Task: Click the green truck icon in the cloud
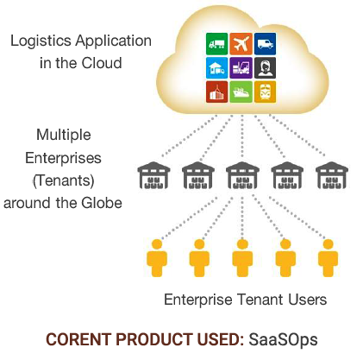coord(217,44)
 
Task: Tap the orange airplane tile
coord(241,44)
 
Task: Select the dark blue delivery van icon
coord(265,44)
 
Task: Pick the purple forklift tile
coord(241,68)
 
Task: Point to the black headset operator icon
coord(265,68)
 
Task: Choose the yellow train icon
coord(265,92)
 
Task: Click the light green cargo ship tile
coord(241,92)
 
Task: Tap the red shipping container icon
coord(217,92)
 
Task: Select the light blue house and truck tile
coord(217,68)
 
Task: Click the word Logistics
coord(41,41)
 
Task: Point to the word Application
coord(114,41)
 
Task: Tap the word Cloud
coord(102,63)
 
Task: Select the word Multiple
coord(64,135)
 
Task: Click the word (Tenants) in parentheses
coord(64,180)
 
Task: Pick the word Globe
coord(102,203)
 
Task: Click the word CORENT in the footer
coord(78,339)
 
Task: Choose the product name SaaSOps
coord(283,339)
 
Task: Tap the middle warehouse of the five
coord(242,175)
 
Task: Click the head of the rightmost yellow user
coord(328,244)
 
